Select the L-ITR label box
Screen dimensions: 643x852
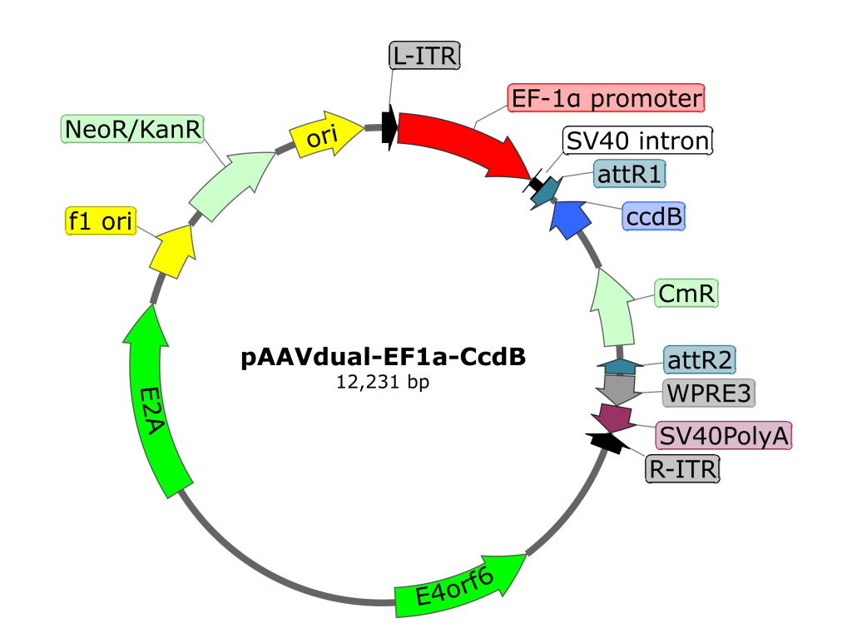tap(424, 56)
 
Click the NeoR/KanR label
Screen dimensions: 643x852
tap(133, 129)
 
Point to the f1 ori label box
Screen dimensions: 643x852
tap(101, 222)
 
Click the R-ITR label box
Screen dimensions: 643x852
tap(682, 469)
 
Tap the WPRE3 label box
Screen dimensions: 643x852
tap(709, 393)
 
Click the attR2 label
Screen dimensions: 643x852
tap(699, 359)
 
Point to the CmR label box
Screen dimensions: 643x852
tap(686, 294)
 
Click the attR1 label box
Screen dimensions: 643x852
tap(631, 175)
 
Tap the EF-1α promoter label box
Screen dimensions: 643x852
tap(607, 99)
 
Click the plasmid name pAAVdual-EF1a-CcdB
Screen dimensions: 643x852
tap(384, 359)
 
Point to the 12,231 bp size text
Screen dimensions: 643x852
tap(382, 383)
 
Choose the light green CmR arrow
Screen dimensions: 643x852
tap(615, 304)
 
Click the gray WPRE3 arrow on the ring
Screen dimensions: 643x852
tap(617, 386)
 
